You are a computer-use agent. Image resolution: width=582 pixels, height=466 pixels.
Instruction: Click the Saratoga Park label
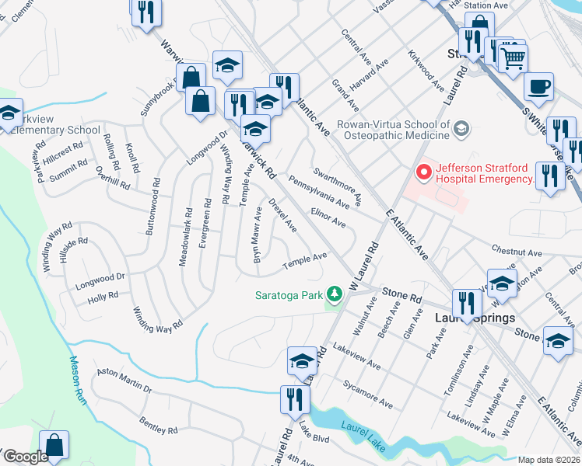point(289,294)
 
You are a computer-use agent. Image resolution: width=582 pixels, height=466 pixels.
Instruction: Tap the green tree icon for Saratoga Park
point(335,294)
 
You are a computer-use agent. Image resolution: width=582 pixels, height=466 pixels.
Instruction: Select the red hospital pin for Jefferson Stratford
point(424,172)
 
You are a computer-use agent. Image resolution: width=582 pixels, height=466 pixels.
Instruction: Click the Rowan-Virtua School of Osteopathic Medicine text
point(393,130)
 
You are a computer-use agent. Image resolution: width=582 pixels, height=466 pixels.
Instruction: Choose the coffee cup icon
point(538,86)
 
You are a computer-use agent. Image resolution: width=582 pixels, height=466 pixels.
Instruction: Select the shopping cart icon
point(513,57)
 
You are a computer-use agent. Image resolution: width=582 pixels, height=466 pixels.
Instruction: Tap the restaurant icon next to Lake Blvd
point(296,398)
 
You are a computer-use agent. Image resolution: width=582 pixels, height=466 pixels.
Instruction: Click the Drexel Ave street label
point(282,215)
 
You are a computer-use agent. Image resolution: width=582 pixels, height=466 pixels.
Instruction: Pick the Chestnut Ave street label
point(516,252)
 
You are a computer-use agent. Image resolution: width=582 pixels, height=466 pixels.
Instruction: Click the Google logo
point(26,457)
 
